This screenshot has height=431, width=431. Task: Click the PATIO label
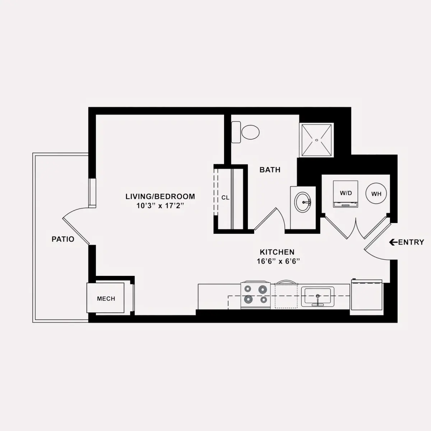coord(63,239)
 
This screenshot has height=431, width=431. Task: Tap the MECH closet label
coord(106,298)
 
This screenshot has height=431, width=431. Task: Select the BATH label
coord(270,170)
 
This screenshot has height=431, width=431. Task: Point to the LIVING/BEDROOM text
coord(160,196)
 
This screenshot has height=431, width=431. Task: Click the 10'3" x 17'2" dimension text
coord(160,205)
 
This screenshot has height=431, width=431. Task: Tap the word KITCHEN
coord(277,252)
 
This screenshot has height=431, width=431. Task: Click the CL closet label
coord(225,198)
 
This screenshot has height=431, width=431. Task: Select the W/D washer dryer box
coord(346,194)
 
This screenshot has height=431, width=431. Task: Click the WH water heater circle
coord(376,194)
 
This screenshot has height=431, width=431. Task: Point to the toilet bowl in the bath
coord(250,132)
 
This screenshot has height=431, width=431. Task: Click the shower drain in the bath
coord(316,140)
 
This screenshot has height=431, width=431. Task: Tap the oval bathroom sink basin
coord(303,202)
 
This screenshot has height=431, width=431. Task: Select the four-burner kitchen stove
coord(255,296)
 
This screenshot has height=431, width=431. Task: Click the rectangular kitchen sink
coord(318,297)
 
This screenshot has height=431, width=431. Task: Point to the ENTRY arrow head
coord(391,242)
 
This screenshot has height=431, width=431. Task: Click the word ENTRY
coord(411,242)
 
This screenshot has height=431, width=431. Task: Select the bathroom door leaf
coord(265,219)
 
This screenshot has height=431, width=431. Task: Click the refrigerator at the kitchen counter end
coord(367,295)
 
